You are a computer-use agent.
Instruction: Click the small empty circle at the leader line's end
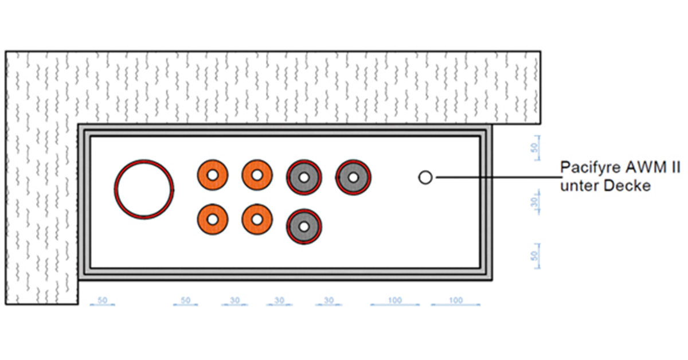pyautogui.click(x=419, y=177)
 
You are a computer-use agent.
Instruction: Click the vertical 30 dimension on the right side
pyautogui.click(x=536, y=202)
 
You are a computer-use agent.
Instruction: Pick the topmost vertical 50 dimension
pyautogui.click(x=536, y=148)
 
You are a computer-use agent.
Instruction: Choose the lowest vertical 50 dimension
pyautogui.click(x=536, y=256)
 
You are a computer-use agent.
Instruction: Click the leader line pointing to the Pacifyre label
pyautogui.click(x=499, y=177)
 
